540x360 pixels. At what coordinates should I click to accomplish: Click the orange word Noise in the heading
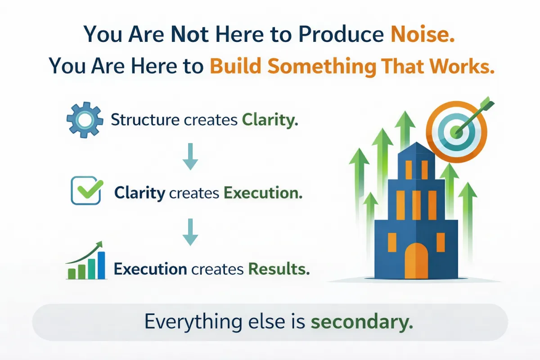(423, 35)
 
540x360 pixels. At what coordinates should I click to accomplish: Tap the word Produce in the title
(341, 35)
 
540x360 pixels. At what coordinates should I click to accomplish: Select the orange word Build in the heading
(235, 66)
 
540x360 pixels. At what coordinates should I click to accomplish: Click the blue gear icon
(85, 120)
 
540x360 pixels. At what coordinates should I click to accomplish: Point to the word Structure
(145, 120)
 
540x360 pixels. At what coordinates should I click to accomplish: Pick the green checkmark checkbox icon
(86, 190)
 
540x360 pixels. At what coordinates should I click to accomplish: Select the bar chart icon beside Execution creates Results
(86, 261)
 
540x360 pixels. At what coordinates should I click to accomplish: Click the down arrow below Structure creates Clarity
(190, 157)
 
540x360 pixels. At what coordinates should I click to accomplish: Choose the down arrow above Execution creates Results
(190, 232)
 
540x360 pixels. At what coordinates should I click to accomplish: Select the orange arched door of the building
(416, 261)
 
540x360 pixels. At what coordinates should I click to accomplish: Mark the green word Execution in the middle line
(263, 193)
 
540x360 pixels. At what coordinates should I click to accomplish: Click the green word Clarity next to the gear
(270, 120)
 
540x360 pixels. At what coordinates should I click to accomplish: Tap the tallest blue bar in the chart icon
(102, 265)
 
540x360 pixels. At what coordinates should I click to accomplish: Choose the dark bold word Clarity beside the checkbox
(140, 193)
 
